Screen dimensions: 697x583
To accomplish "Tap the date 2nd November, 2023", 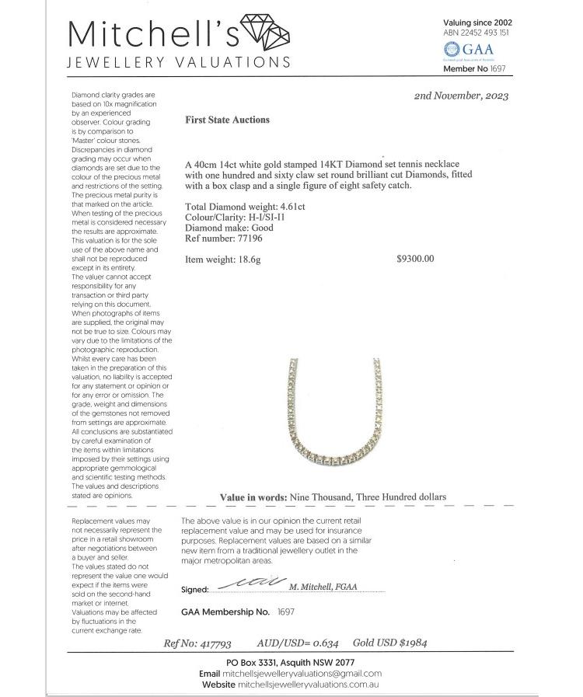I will pos(463,96).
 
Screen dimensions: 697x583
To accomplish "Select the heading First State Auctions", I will pos(227,120).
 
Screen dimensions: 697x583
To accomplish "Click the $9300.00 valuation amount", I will pos(415,259).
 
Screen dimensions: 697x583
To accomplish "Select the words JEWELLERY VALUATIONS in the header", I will pos(180,62).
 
